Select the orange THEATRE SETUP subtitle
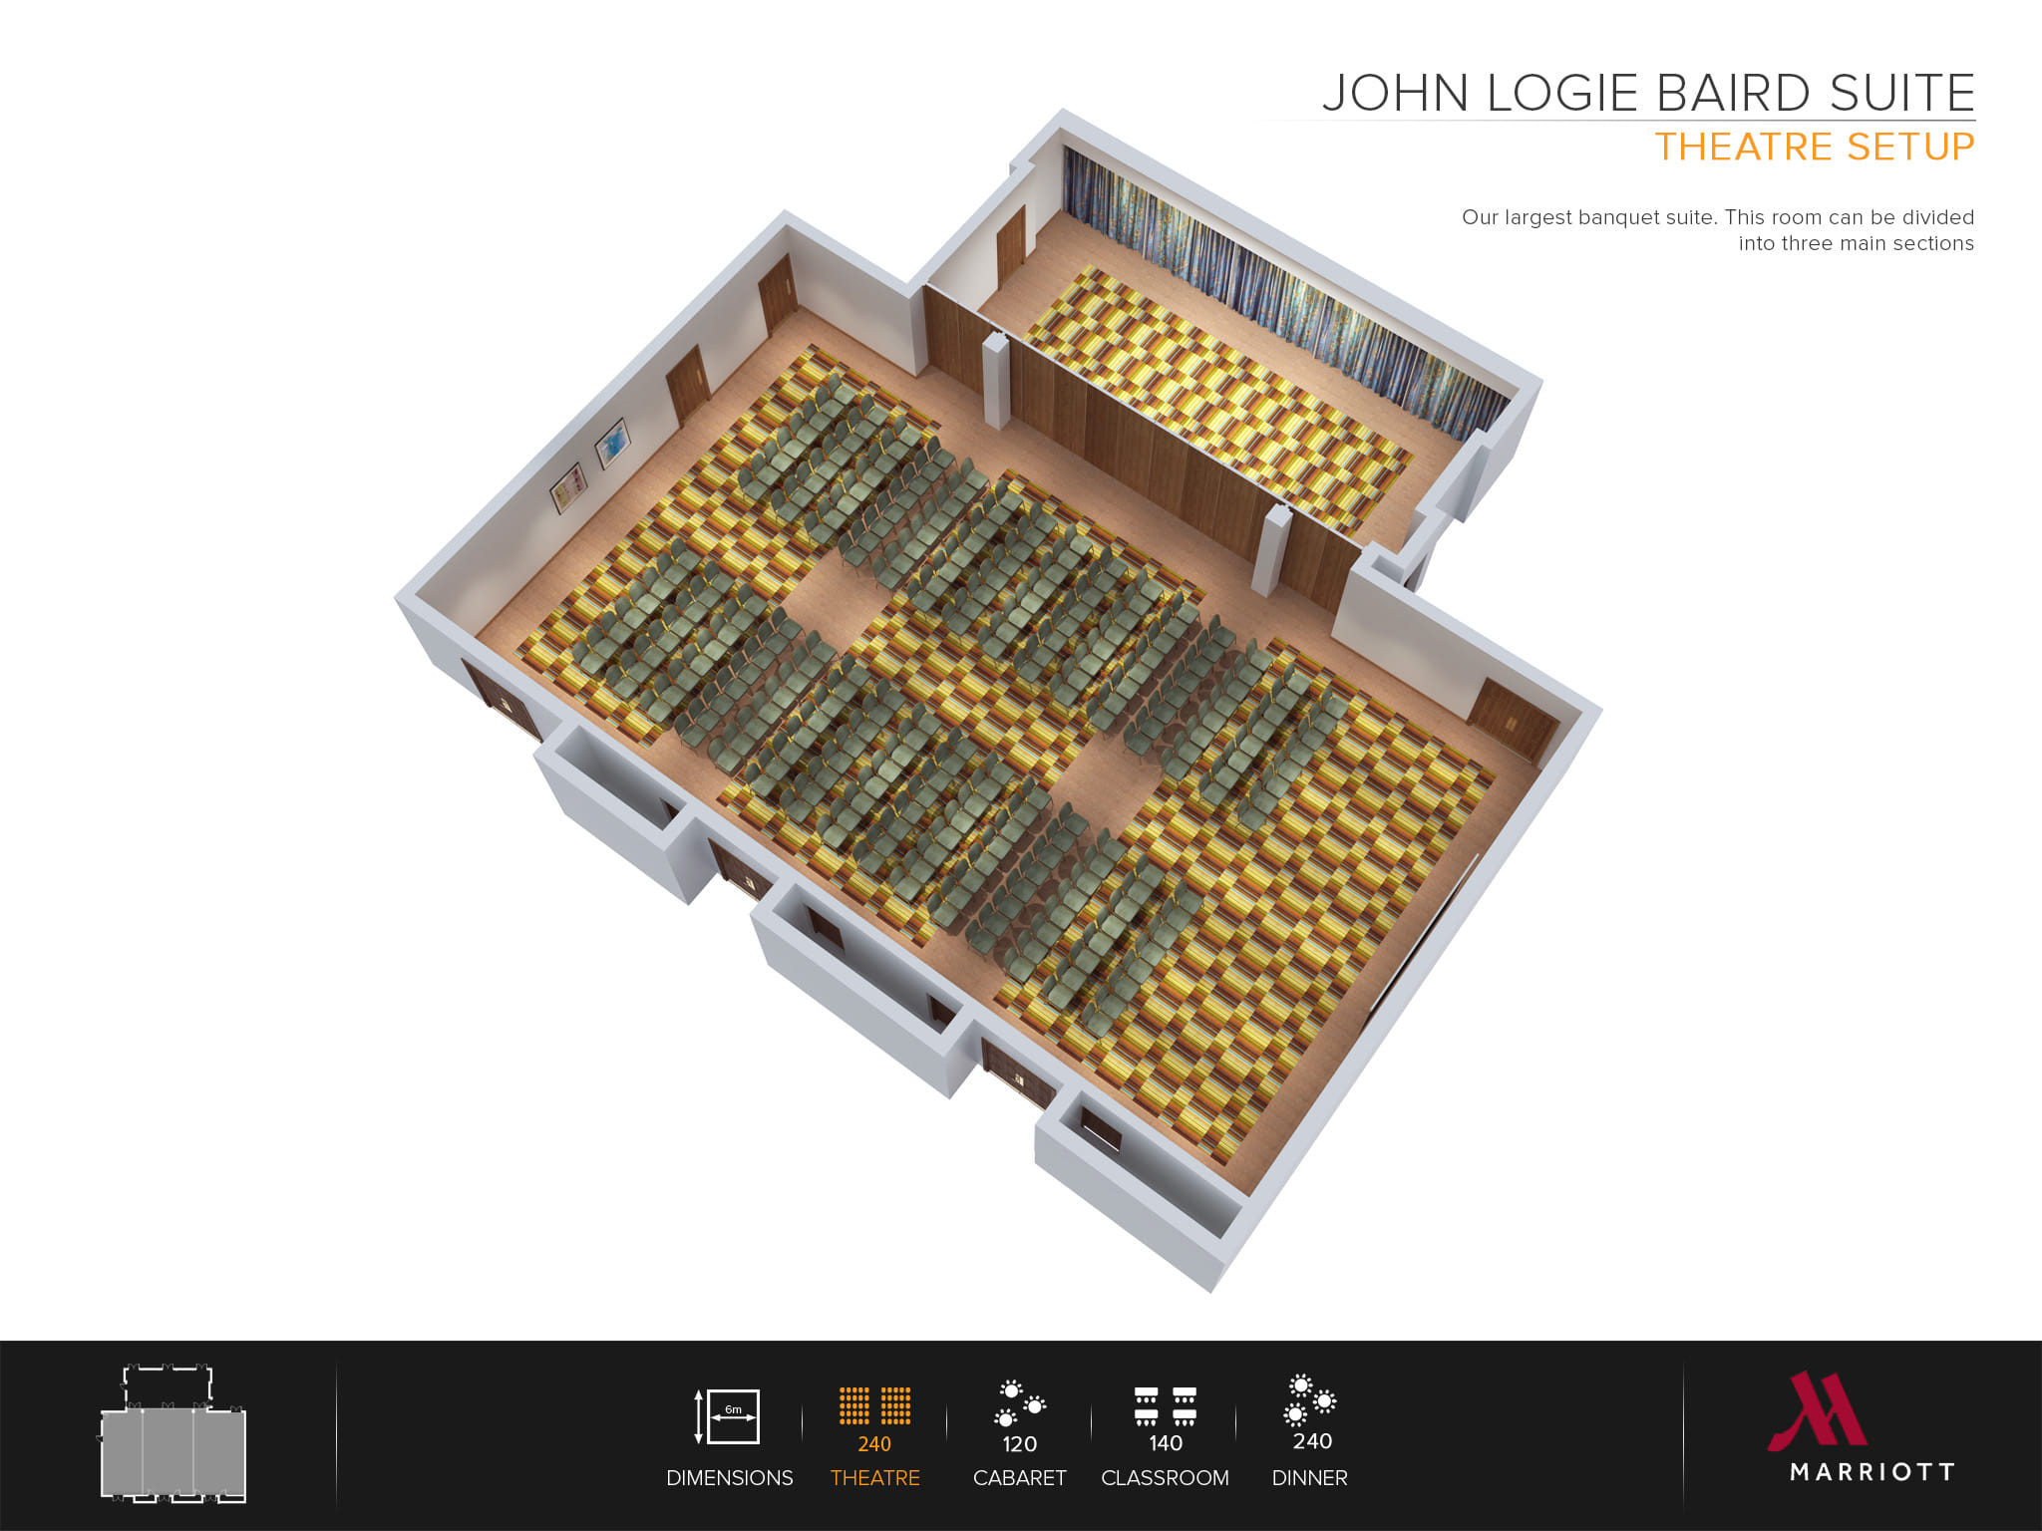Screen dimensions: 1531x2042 1814,148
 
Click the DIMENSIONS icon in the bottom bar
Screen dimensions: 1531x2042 728,1415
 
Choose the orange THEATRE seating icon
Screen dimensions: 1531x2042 874,1404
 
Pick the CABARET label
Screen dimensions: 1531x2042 1019,1478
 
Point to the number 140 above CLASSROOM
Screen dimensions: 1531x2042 1165,1443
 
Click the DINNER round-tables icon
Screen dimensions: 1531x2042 1310,1399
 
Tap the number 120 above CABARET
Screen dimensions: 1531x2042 1019,1444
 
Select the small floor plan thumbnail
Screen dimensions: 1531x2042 173,1434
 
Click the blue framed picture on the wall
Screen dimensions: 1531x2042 613,443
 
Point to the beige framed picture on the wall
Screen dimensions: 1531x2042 569,487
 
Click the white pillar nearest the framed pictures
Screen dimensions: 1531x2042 996,381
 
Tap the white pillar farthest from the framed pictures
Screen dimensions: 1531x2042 1270,551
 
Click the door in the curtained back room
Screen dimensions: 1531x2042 1010,244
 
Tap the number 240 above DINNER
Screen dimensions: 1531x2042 1311,1441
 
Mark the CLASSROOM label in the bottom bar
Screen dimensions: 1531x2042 1165,1478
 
